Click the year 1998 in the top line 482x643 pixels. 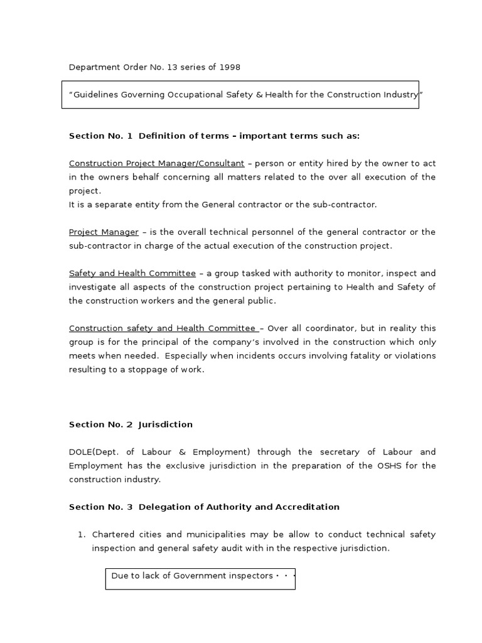(x=229, y=67)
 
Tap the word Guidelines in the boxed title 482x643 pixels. (x=96, y=95)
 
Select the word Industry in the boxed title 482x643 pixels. (x=400, y=95)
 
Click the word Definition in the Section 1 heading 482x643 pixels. (x=165, y=136)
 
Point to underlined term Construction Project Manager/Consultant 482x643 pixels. (x=156, y=163)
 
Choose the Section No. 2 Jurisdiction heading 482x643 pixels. (x=131, y=424)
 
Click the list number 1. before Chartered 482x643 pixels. (x=81, y=534)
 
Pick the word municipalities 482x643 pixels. (x=218, y=534)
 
